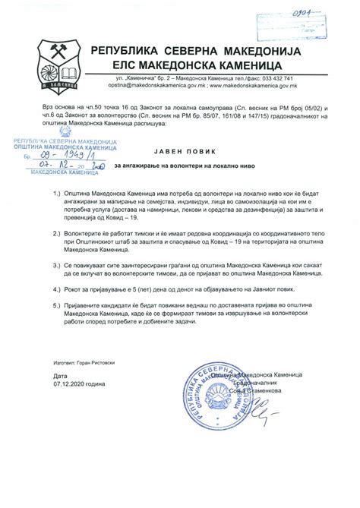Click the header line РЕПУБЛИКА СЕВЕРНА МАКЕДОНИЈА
(196, 51)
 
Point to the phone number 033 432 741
(274, 78)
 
